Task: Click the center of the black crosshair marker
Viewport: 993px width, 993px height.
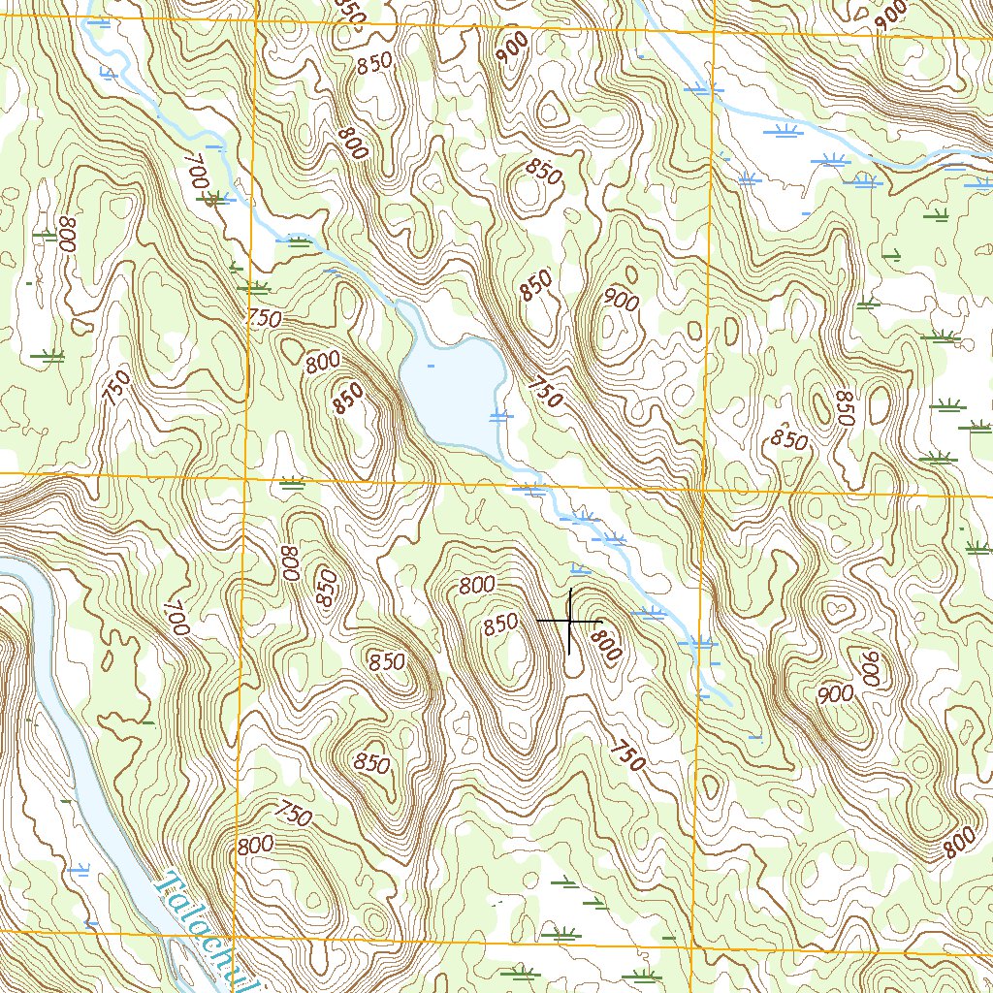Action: (569, 620)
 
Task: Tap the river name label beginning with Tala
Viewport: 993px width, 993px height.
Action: (208, 931)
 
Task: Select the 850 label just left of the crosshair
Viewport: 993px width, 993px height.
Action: (501, 625)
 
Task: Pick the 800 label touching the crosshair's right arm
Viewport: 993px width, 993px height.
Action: (605, 642)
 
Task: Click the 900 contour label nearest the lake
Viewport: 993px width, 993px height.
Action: (621, 302)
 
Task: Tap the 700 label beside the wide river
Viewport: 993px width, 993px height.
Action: (175, 618)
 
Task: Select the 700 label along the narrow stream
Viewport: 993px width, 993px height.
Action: (197, 174)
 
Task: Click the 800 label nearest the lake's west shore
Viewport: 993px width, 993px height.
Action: (323, 363)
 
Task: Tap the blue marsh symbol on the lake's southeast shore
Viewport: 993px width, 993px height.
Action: (498, 417)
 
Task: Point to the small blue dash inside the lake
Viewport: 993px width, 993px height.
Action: (431, 366)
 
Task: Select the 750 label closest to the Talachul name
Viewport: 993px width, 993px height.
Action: (292, 815)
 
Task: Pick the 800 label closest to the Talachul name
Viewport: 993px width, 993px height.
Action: (255, 845)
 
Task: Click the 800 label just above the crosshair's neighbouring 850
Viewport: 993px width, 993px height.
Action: (478, 585)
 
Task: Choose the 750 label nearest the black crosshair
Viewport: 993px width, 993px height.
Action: (627, 755)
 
